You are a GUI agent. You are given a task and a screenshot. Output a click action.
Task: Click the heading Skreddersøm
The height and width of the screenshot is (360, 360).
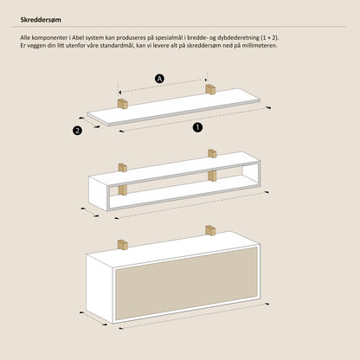pyautogui.click(x=41, y=20)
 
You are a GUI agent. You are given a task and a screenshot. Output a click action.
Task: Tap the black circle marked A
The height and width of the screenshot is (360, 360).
pyautogui.click(x=159, y=79)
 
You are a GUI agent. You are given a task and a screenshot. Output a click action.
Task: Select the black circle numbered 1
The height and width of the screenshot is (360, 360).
pyautogui.click(x=197, y=127)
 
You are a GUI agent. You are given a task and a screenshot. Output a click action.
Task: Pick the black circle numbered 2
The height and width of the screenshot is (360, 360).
pyautogui.click(x=77, y=131)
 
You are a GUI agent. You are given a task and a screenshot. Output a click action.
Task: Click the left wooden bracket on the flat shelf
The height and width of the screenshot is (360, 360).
pyautogui.click(x=123, y=104)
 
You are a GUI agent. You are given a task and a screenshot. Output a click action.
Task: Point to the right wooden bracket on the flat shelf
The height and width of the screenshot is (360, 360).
pyautogui.click(x=210, y=89)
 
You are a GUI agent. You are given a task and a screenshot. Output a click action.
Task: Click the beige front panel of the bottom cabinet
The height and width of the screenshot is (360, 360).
pyautogui.click(x=186, y=283)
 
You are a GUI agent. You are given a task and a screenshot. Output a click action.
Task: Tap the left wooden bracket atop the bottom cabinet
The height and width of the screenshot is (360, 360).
pyautogui.click(x=123, y=245)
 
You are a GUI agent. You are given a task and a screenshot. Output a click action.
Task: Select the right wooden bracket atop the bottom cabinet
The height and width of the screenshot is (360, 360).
pyautogui.click(x=210, y=230)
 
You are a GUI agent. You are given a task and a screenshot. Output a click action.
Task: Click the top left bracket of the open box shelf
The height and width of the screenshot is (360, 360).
pyautogui.click(x=123, y=168)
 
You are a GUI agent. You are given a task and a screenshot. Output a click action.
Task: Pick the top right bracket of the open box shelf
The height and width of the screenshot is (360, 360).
pyautogui.click(x=212, y=153)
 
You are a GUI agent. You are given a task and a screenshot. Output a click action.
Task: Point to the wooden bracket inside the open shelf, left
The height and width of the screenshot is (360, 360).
pyautogui.click(x=123, y=190)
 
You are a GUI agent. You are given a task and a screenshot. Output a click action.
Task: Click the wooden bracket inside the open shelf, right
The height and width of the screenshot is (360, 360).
pyautogui.click(x=212, y=176)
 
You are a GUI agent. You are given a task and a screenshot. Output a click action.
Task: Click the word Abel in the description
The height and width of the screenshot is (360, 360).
pyautogui.click(x=77, y=37)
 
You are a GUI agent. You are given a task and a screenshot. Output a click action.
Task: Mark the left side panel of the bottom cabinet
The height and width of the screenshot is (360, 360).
pyautogui.click(x=100, y=288)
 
